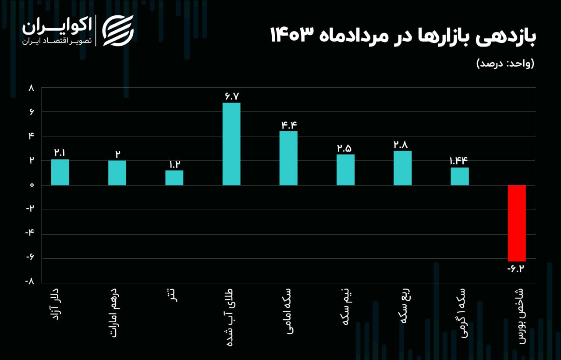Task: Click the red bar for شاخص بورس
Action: (517, 223)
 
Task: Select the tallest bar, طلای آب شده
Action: (231, 144)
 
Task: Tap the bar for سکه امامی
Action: (288, 158)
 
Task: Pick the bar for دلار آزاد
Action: (60, 172)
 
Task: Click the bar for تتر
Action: (174, 178)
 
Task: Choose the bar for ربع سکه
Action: (402, 168)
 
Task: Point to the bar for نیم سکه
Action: (345, 170)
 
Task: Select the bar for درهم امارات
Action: (117, 173)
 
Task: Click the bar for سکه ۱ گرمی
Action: (460, 176)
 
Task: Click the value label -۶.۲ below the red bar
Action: (516, 268)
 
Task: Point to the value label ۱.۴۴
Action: (459, 160)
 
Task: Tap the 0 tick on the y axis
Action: (32, 185)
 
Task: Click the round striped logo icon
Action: (118, 31)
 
